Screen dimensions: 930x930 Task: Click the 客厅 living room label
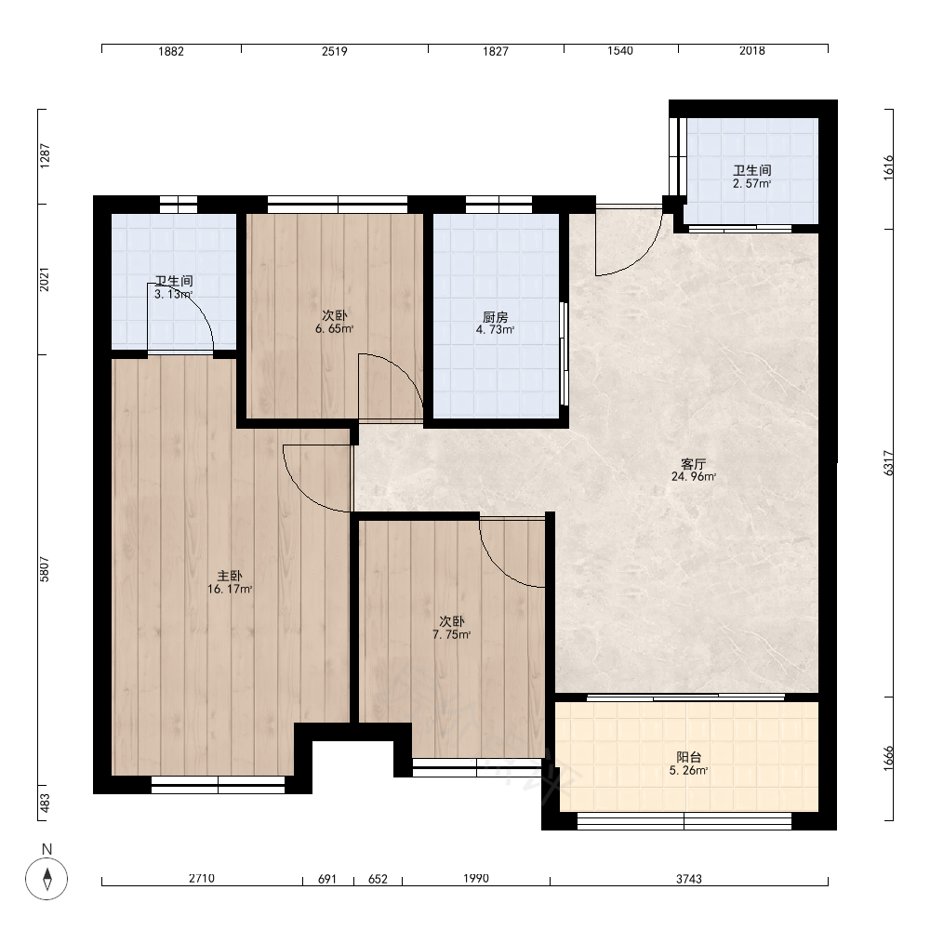[693, 463]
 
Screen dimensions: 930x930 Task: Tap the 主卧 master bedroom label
[230, 576]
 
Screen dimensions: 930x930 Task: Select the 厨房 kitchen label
[495, 317]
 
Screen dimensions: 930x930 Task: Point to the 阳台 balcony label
[688, 757]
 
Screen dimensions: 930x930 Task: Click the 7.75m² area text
[451, 634]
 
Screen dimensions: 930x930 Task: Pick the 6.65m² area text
[335, 328]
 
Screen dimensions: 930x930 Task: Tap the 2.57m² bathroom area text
[751, 184]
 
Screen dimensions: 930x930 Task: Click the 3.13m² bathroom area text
[173, 294]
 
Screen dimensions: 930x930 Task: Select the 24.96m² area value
[694, 476]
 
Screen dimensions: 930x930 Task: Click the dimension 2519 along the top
[335, 51]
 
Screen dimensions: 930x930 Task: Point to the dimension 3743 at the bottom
[688, 879]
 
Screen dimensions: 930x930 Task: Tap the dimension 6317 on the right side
[888, 462]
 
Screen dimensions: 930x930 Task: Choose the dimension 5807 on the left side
[45, 569]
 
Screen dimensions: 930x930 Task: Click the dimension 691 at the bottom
[327, 879]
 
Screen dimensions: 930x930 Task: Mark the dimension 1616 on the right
[888, 167]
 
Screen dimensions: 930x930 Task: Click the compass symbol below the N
[46, 879]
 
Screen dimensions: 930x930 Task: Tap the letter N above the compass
[46, 849]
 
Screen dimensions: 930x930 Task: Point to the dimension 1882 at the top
[171, 51]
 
